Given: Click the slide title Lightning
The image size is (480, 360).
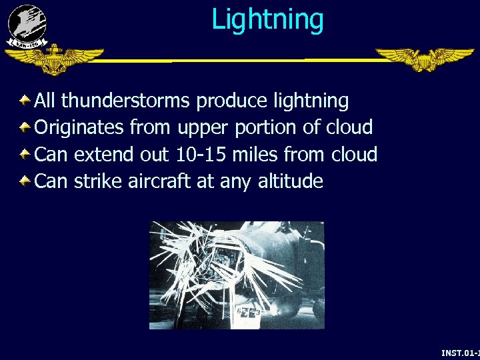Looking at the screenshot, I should tap(267, 19).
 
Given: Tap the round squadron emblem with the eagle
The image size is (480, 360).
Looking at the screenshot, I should tap(27, 23).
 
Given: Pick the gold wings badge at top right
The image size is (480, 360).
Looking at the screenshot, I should tap(424, 59).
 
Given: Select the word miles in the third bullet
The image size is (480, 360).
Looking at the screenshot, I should tap(255, 155).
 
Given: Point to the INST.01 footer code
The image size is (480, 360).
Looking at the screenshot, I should tap(460, 353).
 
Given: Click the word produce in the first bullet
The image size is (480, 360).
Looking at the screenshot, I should tap(232, 102).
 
